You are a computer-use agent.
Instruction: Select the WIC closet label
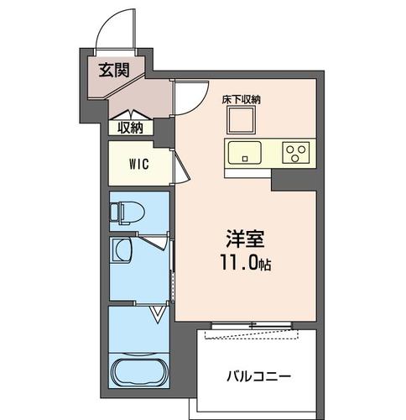139,165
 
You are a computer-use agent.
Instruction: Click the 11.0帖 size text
247,263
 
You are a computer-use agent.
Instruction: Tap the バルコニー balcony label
259,375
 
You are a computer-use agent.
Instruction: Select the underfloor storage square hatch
240,123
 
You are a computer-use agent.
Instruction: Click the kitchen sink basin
244,153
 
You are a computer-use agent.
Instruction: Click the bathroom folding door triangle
157,315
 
